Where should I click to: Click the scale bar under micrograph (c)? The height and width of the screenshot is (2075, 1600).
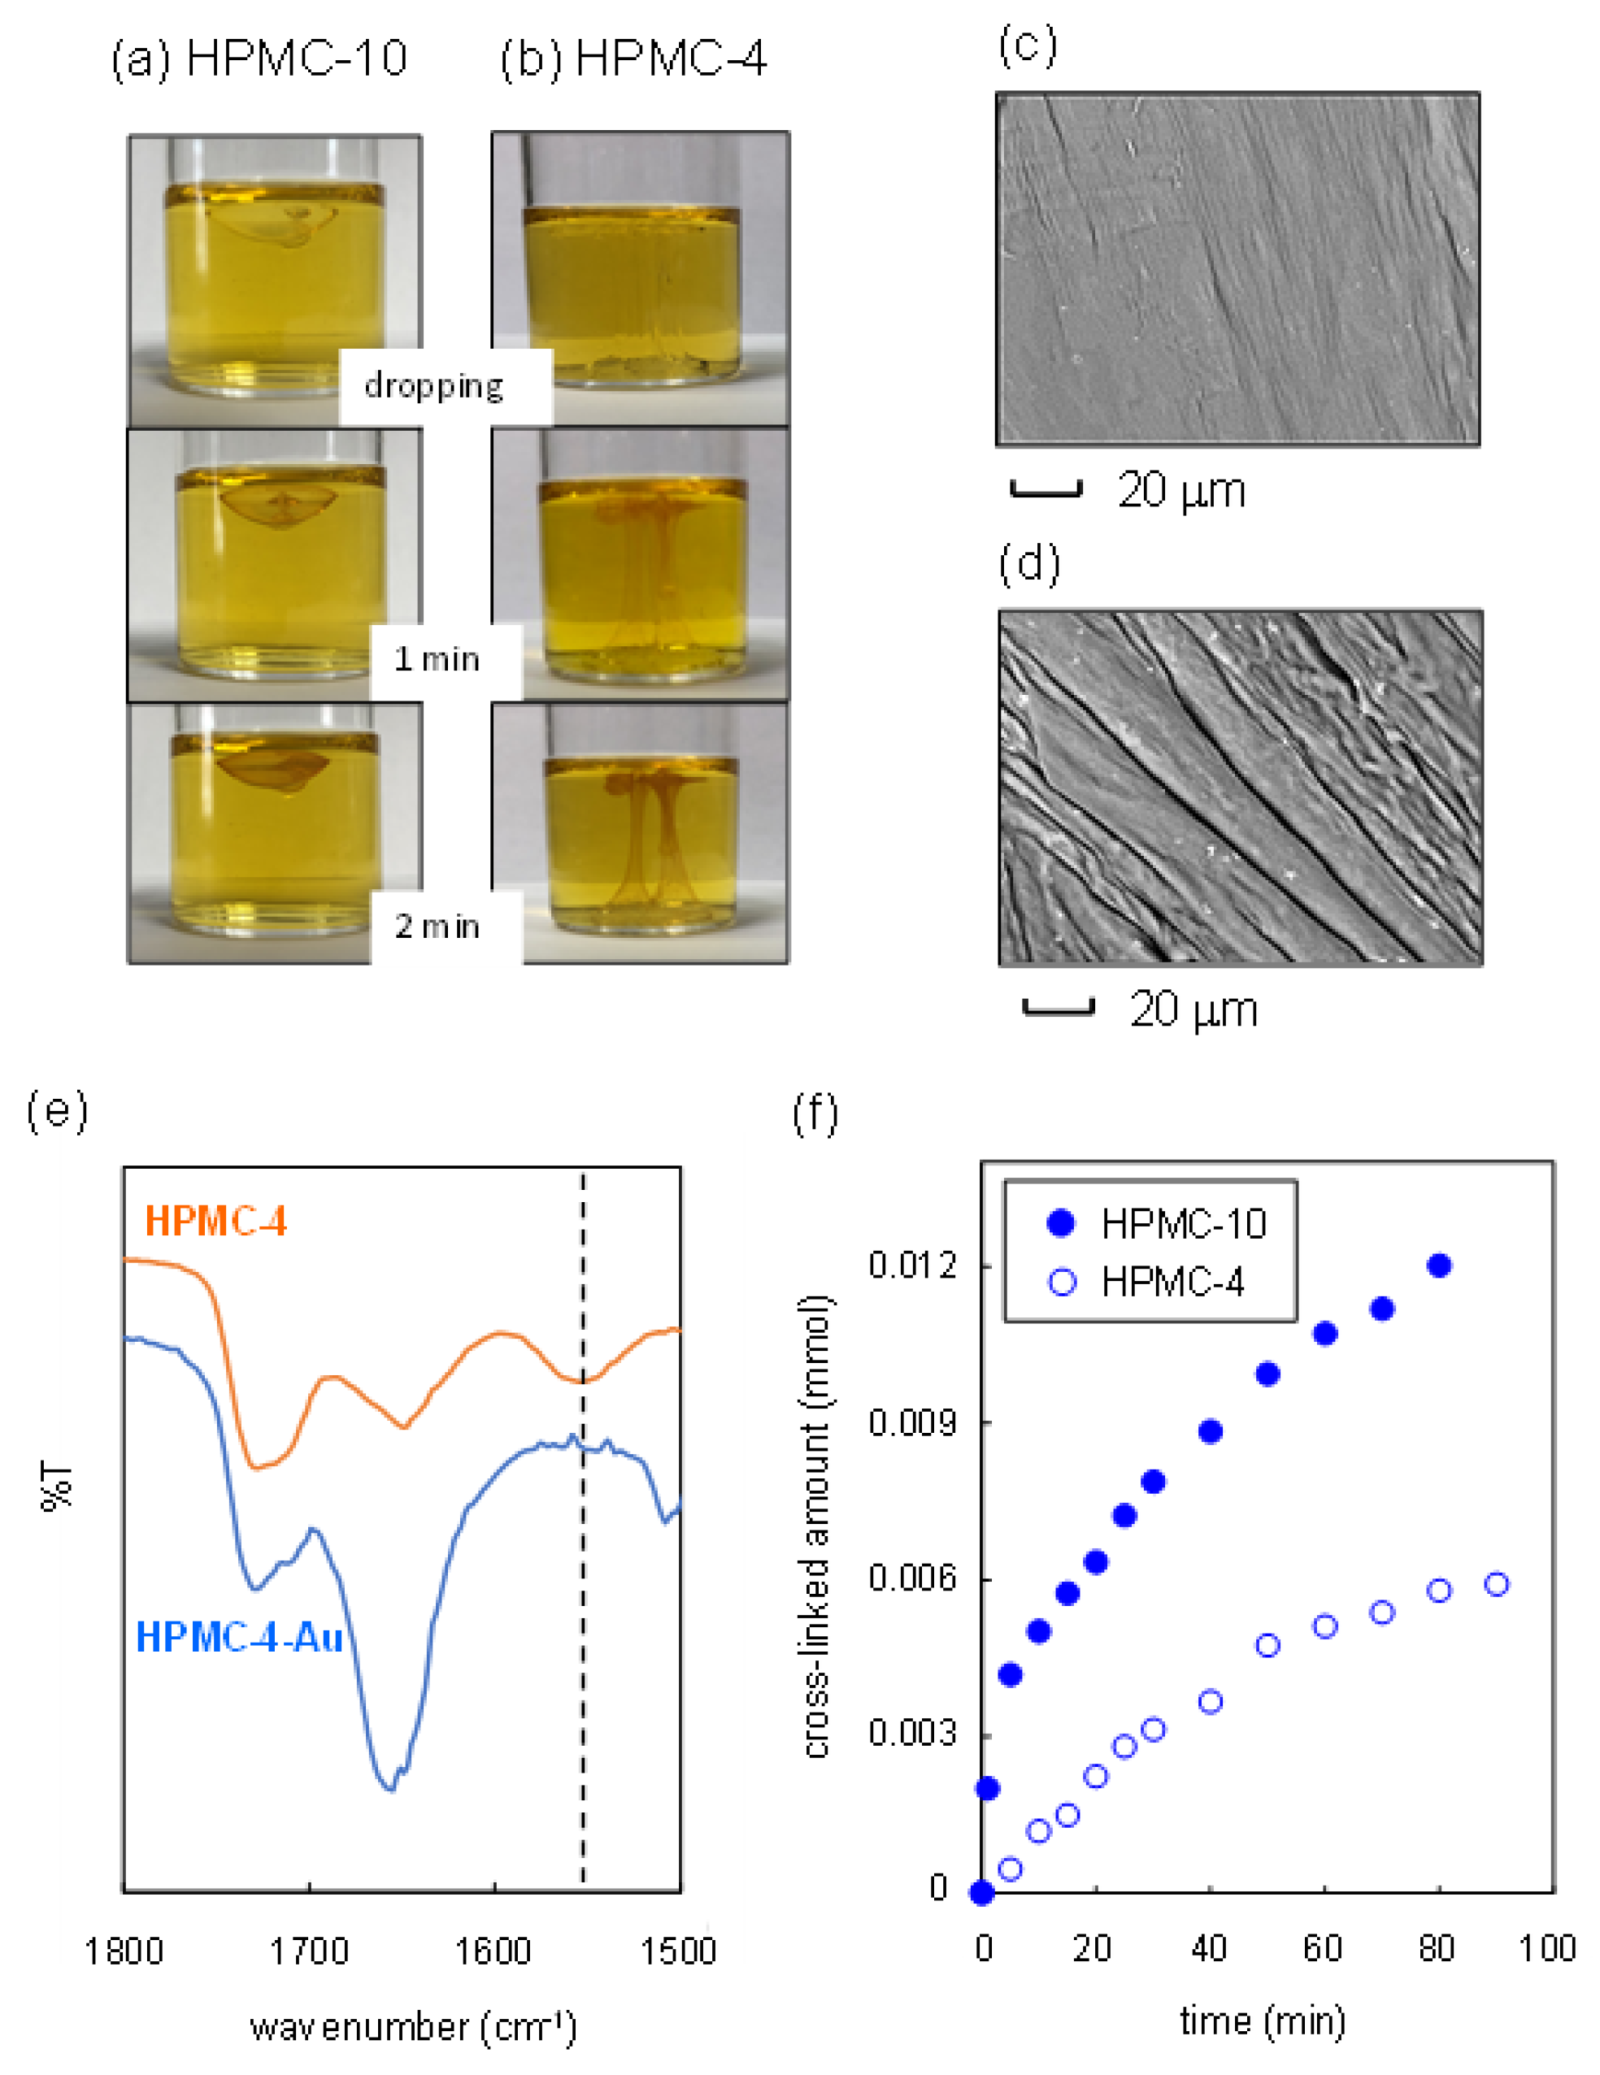pyautogui.click(x=1046, y=490)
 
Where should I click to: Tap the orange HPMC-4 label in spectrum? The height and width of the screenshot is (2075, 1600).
pyautogui.click(x=215, y=1221)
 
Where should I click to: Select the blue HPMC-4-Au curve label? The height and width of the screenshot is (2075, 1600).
pyautogui.click(x=238, y=1637)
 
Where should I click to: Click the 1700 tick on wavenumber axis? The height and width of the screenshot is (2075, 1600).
pyautogui.click(x=310, y=1951)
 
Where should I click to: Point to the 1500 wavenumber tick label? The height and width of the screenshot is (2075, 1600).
pyautogui.click(x=678, y=1951)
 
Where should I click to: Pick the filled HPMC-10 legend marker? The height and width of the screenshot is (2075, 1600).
pyautogui.click(x=1060, y=1222)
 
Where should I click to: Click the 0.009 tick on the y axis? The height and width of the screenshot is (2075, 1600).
pyautogui.click(x=912, y=1422)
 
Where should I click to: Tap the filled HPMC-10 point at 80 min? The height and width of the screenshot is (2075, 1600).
pyautogui.click(x=1438, y=1265)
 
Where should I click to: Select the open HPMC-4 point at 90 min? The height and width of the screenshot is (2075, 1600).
pyautogui.click(x=1497, y=1585)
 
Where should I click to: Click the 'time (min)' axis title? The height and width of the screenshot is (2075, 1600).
pyautogui.click(x=1263, y=2021)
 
